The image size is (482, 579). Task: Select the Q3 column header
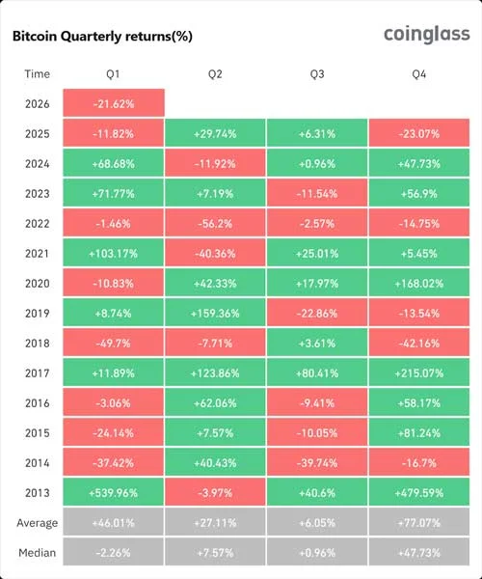[x=316, y=73]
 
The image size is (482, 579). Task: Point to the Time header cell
[x=38, y=73]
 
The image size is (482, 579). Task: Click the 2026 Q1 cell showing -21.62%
[x=114, y=103]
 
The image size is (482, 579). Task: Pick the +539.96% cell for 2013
[x=114, y=492]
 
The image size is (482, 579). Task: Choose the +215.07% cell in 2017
[x=418, y=372]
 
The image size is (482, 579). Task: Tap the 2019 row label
[x=38, y=313]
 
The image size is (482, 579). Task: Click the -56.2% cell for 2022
[x=215, y=223]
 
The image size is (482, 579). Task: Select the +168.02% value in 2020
[x=418, y=283]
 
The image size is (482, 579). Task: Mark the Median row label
[x=38, y=553]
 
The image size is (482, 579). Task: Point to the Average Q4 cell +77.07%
[x=418, y=523]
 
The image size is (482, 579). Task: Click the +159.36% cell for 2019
[x=215, y=313]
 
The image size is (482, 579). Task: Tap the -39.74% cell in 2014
[x=316, y=462]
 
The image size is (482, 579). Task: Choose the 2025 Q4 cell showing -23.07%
[x=418, y=133]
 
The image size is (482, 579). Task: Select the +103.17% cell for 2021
[x=114, y=253]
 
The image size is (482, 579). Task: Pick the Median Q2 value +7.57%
[x=215, y=553]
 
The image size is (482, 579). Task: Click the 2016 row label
[x=38, y=402]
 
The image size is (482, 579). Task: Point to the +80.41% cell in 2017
[x=316, y=372]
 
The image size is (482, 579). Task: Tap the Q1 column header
[x=114, y=73]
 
